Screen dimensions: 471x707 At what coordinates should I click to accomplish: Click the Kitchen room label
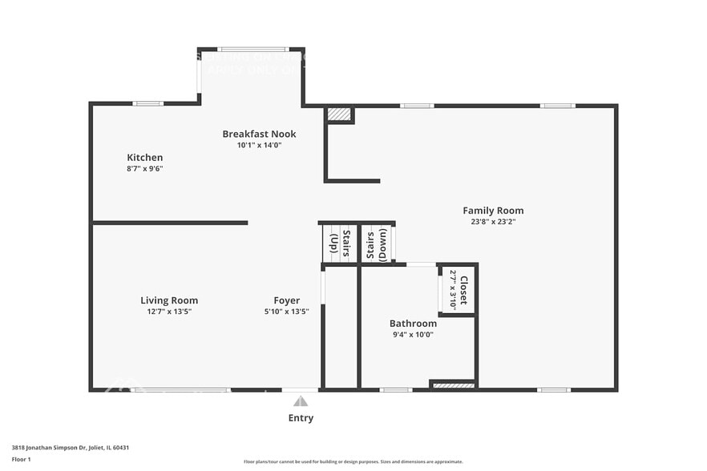(145, 158)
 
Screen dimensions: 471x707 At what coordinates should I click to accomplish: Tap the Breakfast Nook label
(259, 134)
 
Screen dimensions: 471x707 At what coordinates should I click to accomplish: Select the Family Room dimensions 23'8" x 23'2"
(493, 222)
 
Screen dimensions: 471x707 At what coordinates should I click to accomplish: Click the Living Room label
(169, 300)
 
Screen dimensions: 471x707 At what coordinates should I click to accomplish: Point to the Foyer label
(286, 300)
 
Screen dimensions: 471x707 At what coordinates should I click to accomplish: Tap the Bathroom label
(413, 324)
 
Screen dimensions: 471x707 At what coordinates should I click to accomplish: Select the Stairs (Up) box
(340, 243)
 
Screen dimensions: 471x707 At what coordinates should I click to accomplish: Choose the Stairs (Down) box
(377, 243)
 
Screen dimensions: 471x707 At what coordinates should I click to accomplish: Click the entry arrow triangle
(300, 401)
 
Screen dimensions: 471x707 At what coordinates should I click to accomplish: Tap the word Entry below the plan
(301, 418)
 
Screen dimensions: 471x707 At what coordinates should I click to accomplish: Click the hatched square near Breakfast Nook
(339, 115)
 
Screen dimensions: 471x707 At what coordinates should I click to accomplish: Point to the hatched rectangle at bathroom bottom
(454, 385)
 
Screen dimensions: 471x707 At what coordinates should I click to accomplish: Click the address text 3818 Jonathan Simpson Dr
(71, 448)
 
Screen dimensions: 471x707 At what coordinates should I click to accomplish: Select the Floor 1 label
(21, 459)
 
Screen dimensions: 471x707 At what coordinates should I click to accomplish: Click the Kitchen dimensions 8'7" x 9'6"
(145, 169)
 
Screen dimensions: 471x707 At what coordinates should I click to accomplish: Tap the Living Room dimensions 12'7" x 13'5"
(169, 312)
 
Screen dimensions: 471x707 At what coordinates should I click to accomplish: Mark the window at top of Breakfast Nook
(252, 50)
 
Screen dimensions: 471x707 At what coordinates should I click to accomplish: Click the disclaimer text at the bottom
(353, 461)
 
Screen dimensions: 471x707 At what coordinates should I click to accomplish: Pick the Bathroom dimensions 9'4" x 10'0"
(413, 335)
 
